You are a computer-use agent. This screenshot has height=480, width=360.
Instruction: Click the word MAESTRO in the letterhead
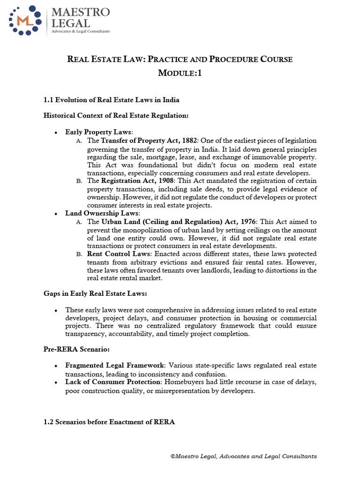pyautogui.click(x=81, y=12)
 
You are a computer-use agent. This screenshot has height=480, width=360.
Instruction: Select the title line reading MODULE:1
pyautogui.click(x=180, y=74)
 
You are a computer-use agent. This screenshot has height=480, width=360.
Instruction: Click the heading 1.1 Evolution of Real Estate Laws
pyautogui.click(x=111, y=100)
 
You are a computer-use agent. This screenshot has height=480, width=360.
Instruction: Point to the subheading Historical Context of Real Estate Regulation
pyautogui.click(x=116, y=115)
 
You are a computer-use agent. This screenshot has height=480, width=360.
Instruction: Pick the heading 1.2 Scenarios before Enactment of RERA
pyautogui.click(x=109, y=422)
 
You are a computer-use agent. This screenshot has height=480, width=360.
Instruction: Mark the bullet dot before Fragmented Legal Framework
pyautogui.click(x=56, y=366)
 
